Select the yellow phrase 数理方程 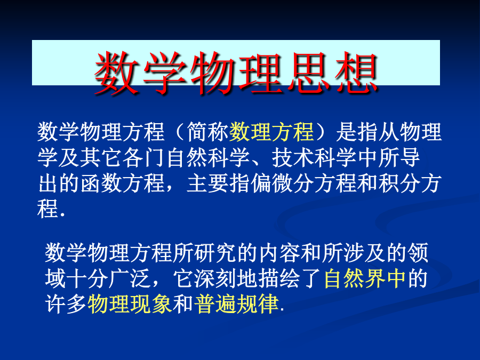click(271, 132)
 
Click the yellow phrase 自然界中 click(365, 278)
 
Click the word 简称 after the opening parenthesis click(207, 132)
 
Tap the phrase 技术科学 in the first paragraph click(314, 158)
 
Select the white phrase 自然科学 click(207, 158)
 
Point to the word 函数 click(101, 183)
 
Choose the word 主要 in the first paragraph click(207, 183)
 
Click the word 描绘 click(279, 278)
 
